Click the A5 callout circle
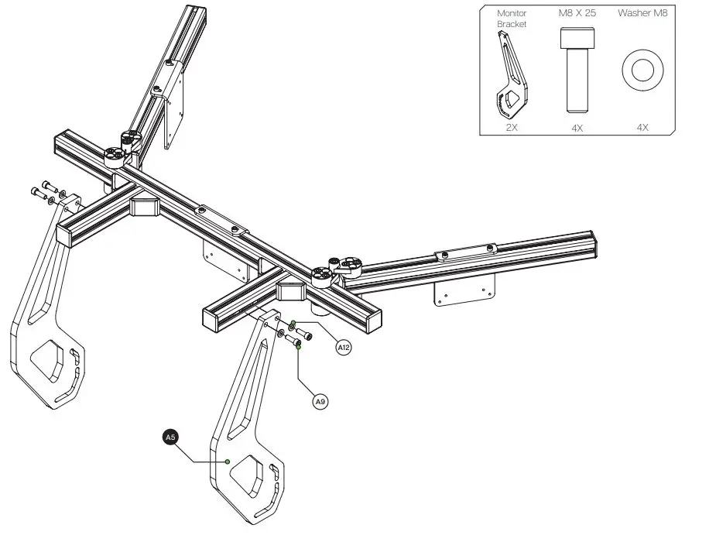pyautogui.click(x=170, y=437)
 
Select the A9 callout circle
pyautogui.click(x=320, y=402)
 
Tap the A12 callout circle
pyautogui.click(x=344, y=348)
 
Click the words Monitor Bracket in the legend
pyautogui.click(x=511, y=19)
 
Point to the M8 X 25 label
pyautogui.click(x=577, y=13)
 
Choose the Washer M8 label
pyautogui.click(x=642, y=13)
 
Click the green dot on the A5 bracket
pyautogui.click(x=227, y=462)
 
